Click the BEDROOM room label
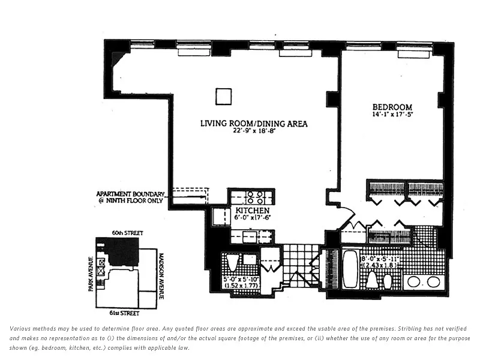[392, 107]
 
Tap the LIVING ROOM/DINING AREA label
[254, 124]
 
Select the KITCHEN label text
[253, 211]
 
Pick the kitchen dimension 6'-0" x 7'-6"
[253, 218]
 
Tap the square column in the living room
[223, 97]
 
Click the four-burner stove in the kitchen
[256, 197]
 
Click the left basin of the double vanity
[413, 282]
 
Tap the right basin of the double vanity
[433, 282]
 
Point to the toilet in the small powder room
[232, 263]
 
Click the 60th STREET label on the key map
[127, 233]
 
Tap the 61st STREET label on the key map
[124, 313]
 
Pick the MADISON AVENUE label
[161, 276]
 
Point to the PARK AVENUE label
[91, 274]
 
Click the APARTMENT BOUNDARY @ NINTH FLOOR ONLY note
[130, 197]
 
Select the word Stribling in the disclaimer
[409, 329]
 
